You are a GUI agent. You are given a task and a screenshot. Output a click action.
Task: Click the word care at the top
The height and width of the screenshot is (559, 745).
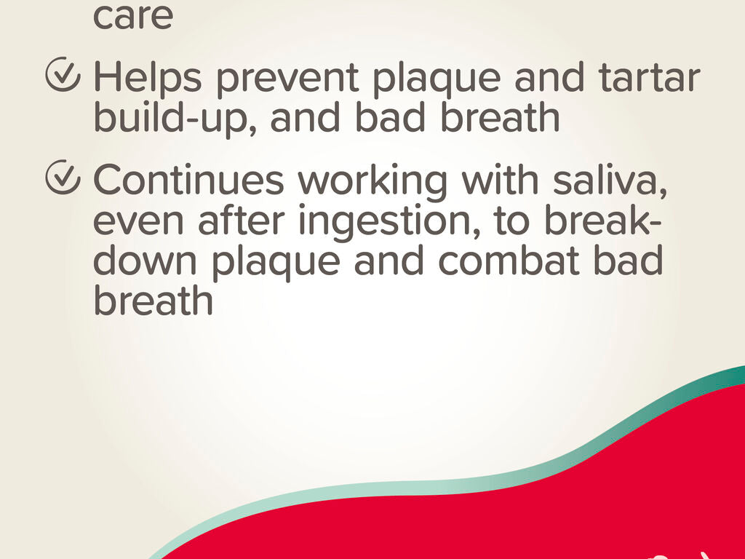[132, 17]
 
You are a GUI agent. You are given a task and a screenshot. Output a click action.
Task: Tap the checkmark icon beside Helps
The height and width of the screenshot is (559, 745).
[63, 75]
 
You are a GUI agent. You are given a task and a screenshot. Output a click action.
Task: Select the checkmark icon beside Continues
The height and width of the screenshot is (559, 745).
[63, 178]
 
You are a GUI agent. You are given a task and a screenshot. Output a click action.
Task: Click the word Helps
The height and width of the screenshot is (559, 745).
[147, 77]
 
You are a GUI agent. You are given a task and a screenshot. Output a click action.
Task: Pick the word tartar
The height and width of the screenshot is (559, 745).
[649, 77]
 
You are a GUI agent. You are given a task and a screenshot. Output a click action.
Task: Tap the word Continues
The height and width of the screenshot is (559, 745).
[188, 180]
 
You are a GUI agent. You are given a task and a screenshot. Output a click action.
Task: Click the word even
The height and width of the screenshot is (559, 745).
[138, 224]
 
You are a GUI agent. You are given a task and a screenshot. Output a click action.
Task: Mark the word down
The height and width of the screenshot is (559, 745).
[145, 261]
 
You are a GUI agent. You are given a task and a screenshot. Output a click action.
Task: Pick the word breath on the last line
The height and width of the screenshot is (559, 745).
[153, 300]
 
